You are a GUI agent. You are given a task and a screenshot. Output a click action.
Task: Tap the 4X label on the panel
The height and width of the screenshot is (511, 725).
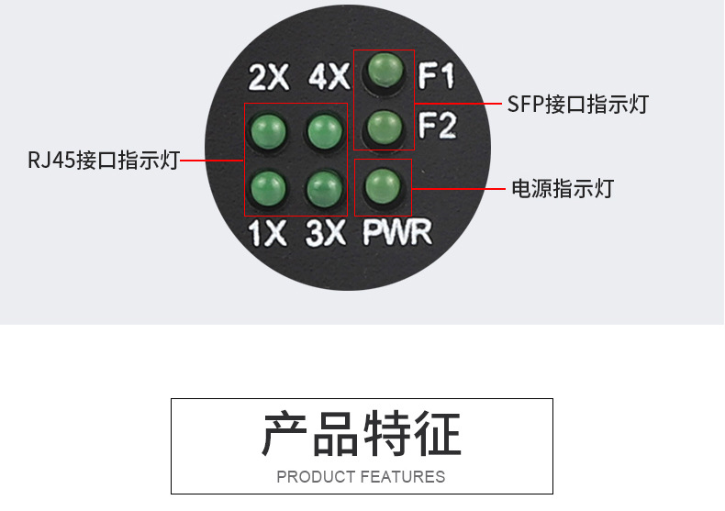pyautogui.click(x=329, y=77)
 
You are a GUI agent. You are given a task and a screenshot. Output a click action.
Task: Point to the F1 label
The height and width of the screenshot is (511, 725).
pyautogui.click(x=437, y=75)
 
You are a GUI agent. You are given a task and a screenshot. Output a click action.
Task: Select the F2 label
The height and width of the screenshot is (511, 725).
pyautogui.click(x=437, y=126)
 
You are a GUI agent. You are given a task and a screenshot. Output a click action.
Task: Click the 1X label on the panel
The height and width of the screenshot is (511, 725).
pyautogui.click(x=268, y=235)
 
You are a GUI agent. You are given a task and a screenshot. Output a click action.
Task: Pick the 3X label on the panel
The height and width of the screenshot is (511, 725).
pyautogui.click(x=326, y=235)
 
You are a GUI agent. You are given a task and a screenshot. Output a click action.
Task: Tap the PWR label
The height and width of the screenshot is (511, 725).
pyautogui.click(x=396, y=232)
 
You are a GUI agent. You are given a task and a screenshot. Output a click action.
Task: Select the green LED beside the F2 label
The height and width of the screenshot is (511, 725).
pyautogui.click(x=384, y=124)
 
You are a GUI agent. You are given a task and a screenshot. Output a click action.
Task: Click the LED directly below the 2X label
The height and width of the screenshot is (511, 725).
pyautogui.click(x=268, y=131)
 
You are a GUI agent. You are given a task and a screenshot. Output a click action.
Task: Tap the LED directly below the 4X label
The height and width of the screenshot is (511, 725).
pyautogui.click(x=322, y=131)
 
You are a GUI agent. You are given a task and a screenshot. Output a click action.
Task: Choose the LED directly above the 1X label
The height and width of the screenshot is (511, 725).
pyautogui.click(x=266, y=187)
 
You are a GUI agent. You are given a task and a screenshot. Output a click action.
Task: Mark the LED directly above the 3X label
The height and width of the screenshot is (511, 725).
pyautogui.click(x=322, y=187)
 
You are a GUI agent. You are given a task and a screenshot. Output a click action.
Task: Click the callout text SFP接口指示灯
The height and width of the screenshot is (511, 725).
pyautogui.click(x=578, y=104)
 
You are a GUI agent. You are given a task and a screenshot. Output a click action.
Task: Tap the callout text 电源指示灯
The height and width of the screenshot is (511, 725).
pyautogui.click(x=562, y=189)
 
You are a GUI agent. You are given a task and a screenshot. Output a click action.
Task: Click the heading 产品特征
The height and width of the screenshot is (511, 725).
pyautogui.click(x=362, y=434)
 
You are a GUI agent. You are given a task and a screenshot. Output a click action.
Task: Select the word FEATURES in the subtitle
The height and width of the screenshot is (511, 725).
pyautogui.click(x=403, y=477)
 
